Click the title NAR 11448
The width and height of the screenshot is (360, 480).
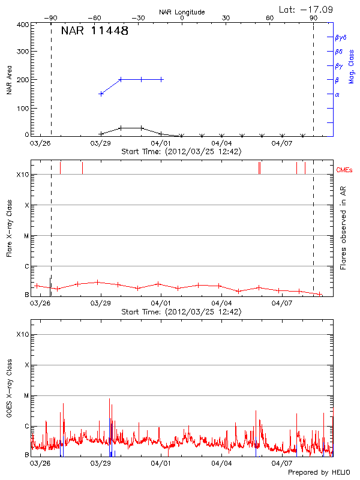click(x=95, y=31)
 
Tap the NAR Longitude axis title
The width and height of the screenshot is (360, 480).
click(x=182, y=11)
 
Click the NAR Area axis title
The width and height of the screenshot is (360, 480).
click(x=9, y=80)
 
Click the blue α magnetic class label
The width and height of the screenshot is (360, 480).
click(x=337, y=94)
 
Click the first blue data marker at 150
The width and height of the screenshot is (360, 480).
click(x=101, y=94)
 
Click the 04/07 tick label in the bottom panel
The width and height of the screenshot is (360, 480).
click(x=282, y=463)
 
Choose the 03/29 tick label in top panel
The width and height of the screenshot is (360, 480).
click(x=101, y=143)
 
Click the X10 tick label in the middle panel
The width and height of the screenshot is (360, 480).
click(x=22, y=175)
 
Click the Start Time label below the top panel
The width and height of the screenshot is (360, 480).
click(x=181, y=152)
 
